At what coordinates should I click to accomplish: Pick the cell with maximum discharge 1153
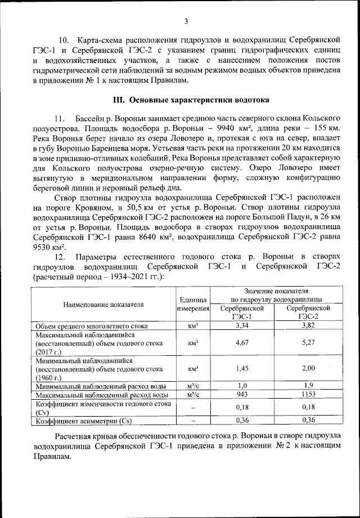[308, 394]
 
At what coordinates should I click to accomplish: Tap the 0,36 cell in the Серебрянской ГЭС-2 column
[308, 420]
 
